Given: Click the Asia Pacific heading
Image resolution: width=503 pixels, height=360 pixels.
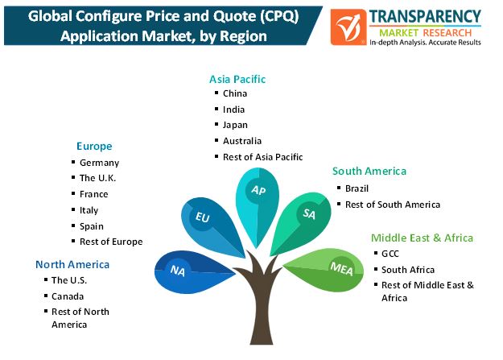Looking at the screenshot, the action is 237,79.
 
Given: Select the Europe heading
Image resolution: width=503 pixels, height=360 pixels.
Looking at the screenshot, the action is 94,147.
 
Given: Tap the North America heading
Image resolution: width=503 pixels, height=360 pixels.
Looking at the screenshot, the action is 72,264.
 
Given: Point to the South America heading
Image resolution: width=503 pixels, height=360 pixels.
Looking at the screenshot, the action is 369,172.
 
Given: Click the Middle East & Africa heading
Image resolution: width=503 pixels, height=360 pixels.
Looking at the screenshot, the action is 423,238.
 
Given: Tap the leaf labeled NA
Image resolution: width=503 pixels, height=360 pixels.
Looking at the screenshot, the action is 192,272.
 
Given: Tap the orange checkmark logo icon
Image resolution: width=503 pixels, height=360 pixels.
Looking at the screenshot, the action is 348,27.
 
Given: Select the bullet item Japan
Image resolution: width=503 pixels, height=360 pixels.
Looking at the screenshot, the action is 235,125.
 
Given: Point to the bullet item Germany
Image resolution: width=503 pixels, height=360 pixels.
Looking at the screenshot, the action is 100,163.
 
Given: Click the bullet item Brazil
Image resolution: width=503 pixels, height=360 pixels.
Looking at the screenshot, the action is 357,188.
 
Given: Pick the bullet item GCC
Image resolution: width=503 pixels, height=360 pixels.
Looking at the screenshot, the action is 390,254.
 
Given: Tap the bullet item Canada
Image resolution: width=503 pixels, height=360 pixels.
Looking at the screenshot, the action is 68,296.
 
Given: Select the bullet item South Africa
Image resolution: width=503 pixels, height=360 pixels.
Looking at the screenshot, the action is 408,270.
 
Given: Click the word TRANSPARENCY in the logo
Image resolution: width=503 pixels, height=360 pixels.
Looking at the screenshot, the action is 425,17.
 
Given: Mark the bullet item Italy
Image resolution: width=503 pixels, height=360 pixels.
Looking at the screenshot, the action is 89,210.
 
